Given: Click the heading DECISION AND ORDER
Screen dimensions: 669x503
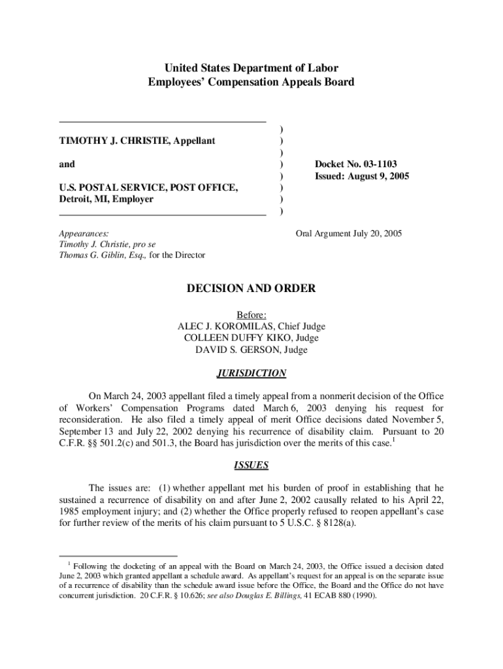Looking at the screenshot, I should (252, 288).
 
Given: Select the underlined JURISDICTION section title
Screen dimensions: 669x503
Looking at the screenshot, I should (252, 374).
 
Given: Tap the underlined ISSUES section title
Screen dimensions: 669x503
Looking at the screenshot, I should (252, 466).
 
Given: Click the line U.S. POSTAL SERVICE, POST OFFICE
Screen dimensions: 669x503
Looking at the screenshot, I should (148, 188).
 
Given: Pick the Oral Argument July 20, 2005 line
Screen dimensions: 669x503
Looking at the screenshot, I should (349, 233).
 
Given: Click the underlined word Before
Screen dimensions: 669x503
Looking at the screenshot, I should (252, 314).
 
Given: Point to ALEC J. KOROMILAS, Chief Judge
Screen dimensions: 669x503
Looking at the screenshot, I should (252, 326).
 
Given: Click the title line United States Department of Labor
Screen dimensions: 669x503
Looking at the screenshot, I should (252, 68).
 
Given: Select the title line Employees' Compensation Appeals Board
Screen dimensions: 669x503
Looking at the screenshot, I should (252, 82).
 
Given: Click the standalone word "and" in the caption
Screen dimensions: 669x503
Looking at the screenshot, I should (67, 165).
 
